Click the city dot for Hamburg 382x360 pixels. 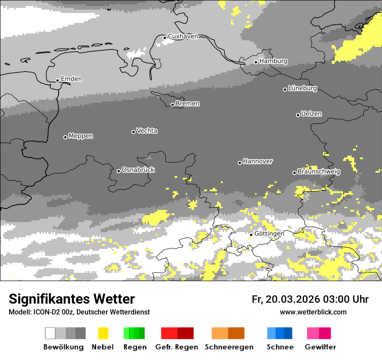256,62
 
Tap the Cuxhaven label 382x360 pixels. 183,36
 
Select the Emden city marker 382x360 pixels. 57,80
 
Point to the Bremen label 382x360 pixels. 188,104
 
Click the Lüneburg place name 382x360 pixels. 303,88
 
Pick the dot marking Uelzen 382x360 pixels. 298,115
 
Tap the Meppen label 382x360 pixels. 81,136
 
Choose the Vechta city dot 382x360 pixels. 133,132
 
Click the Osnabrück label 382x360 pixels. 138,170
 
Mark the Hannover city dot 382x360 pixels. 240,163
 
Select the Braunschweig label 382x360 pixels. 319,172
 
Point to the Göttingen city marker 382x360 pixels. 251,235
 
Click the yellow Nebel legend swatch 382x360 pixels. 103,333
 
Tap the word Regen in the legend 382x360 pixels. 135,347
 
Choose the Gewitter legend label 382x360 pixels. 320,347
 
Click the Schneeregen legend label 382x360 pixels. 229,347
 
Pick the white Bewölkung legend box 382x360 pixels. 50,333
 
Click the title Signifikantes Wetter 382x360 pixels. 72,299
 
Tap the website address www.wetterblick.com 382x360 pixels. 313,312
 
